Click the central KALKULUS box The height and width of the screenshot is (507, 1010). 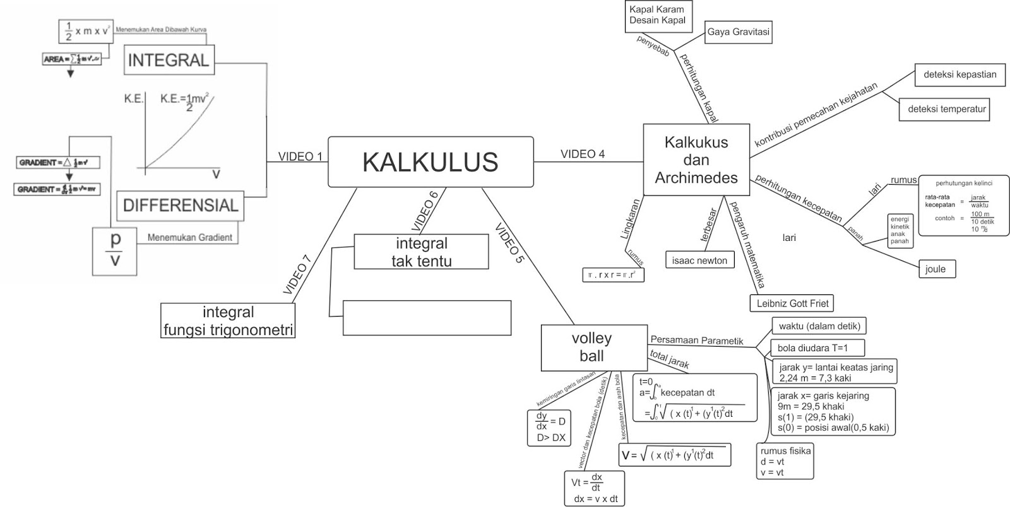click(431, 162)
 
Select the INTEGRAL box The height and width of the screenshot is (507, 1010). click(169, 61)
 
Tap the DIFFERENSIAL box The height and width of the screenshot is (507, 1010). click(180, 205)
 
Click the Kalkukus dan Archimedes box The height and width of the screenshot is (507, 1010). click(696, 160)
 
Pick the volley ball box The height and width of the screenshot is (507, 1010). click(591, 347)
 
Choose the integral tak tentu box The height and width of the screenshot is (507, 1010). click(421, 252)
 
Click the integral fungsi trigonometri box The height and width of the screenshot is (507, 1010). click(228, 320)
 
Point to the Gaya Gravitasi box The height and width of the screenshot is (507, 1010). click(738, 32)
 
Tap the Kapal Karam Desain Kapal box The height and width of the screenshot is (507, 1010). click(657, 15)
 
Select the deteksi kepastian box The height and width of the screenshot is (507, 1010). click(959, 74)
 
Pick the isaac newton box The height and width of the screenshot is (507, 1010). click(699, 260)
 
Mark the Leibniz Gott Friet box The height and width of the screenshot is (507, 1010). click(792, 303)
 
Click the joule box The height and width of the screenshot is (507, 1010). click(937, 269)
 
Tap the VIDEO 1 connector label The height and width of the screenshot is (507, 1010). click(300, 156)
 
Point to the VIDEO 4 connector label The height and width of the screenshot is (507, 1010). click(583, 154)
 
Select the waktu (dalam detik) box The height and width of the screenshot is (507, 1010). click(819, 326)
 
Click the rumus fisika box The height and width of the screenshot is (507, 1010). click(785, 461)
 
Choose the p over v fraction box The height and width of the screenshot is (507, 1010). click(114, 250)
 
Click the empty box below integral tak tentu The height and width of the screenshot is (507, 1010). click(427, 317)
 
